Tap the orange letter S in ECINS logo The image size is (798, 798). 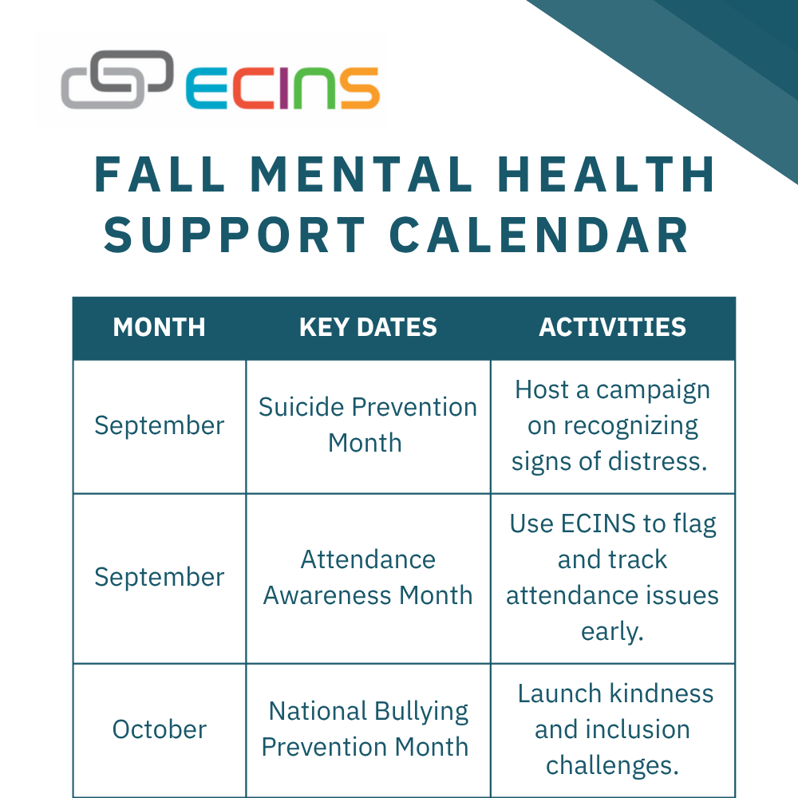pyautogui.click(x=361, y=89)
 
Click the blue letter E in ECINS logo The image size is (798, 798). pyautogui.click(x=207, y=89)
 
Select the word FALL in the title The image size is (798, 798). pyautogui.click(x=160, y=175)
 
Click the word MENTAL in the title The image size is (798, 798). pyautogui.click(x=361, y=175)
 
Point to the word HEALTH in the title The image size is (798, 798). pyautogui.click(x=606, y=175)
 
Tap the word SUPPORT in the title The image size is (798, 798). pyautogui.click(x=235, y=235)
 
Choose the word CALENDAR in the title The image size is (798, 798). pyautogui.click(x=539, y=235)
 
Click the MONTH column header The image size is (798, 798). pyautogui.click(x=160, y=327)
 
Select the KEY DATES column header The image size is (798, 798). pyautogui.click(x=368, y=327)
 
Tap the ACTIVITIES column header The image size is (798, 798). pyautogui.click(x=612, y=327)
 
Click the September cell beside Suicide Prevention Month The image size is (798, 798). pyautogui.click(x=160, y=426)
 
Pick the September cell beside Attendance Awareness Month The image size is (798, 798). pyautogui.click(x=160, y=578)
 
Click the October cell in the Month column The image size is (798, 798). pyautogui.click(x=160, y=729)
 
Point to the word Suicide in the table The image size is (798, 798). pyautogui.click(x=302, y=407)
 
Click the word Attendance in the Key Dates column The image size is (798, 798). pyautogui.click(x=368, y=560)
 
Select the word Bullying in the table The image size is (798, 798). pyautogui.click(x=421, y=713)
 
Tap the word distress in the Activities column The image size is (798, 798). pyautogui.click(x=658, y=461)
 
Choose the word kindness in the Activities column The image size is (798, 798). pyautogui.click(x=662, y=693)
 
